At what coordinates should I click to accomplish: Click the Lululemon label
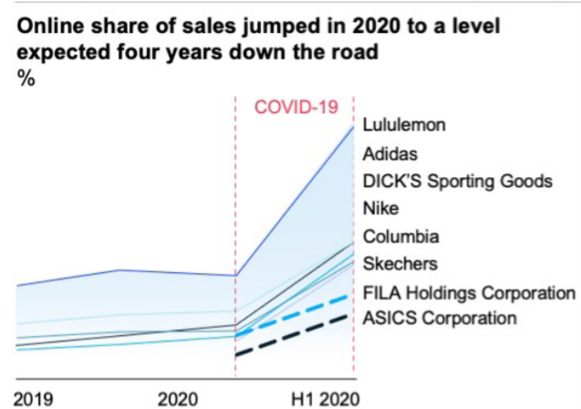(404, 125)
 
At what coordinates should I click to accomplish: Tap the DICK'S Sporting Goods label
(457, 181)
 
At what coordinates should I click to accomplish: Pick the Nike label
(380, 208)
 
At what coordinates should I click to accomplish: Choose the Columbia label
(400, 236)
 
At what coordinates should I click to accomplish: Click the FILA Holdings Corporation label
(469, 292)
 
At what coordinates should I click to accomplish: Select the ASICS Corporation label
(440, 319)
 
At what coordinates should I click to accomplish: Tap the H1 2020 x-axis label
(326, 398)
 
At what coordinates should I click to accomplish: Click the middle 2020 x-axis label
(178, 398)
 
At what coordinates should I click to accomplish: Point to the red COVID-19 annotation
(296, 107)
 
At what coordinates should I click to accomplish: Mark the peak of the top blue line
(353, 126)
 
